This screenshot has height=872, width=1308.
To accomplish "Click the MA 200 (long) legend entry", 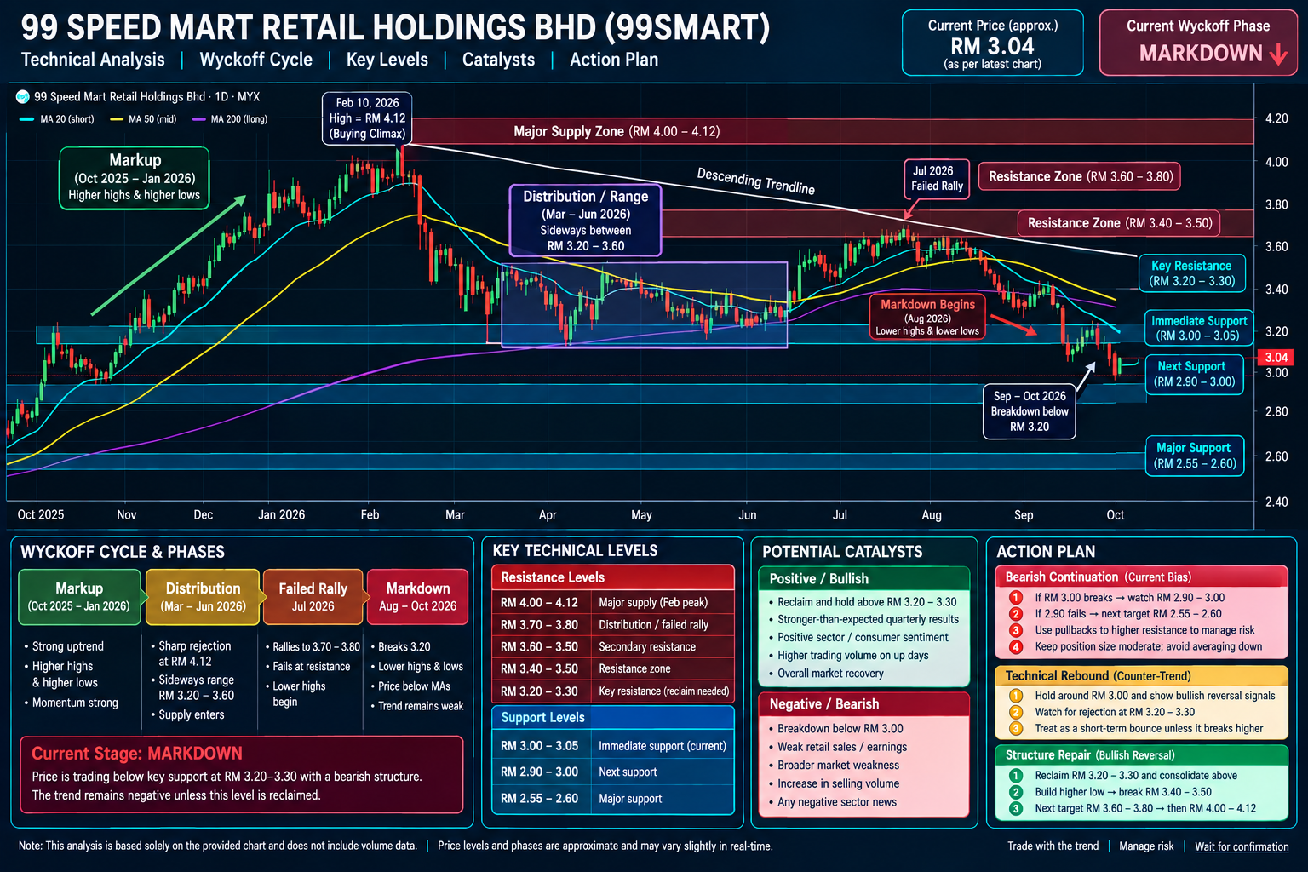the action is [230, 119].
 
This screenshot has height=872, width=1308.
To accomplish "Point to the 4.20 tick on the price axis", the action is [1276, 118].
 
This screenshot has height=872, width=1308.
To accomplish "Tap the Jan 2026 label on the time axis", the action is [282, 514].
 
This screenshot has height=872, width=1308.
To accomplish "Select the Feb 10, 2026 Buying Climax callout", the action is [367, 118].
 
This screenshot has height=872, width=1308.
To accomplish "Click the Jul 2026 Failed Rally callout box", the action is [937, 179].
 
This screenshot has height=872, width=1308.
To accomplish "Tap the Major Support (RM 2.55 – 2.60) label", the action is [1194, 456].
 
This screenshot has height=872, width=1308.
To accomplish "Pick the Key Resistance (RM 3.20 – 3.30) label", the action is [1192, 273].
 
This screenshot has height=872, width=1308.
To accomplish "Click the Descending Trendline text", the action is [755, 181].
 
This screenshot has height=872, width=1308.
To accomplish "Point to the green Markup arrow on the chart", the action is [169, 255].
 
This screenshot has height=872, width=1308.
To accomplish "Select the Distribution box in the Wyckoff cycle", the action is [203, 597].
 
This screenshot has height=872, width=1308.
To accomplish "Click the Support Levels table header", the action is [612, 717].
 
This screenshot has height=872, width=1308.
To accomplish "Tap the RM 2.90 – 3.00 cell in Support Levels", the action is [539, 772].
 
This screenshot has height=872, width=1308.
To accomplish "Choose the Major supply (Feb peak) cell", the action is [653, 602].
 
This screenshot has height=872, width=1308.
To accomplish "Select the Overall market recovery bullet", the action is [830, 674].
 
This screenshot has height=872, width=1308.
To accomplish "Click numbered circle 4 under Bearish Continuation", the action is [1016, 646].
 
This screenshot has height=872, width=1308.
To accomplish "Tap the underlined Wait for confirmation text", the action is [1242, 846].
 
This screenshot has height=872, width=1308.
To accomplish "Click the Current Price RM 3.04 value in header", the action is [992, 46].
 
